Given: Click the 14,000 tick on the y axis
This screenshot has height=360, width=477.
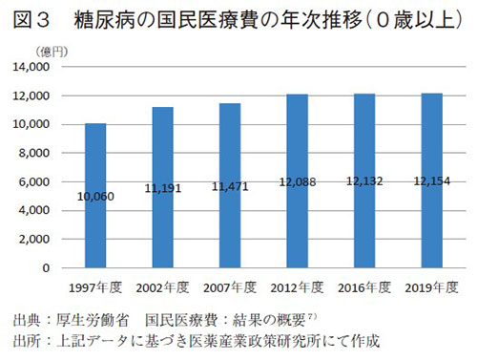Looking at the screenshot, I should (44, 68).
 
